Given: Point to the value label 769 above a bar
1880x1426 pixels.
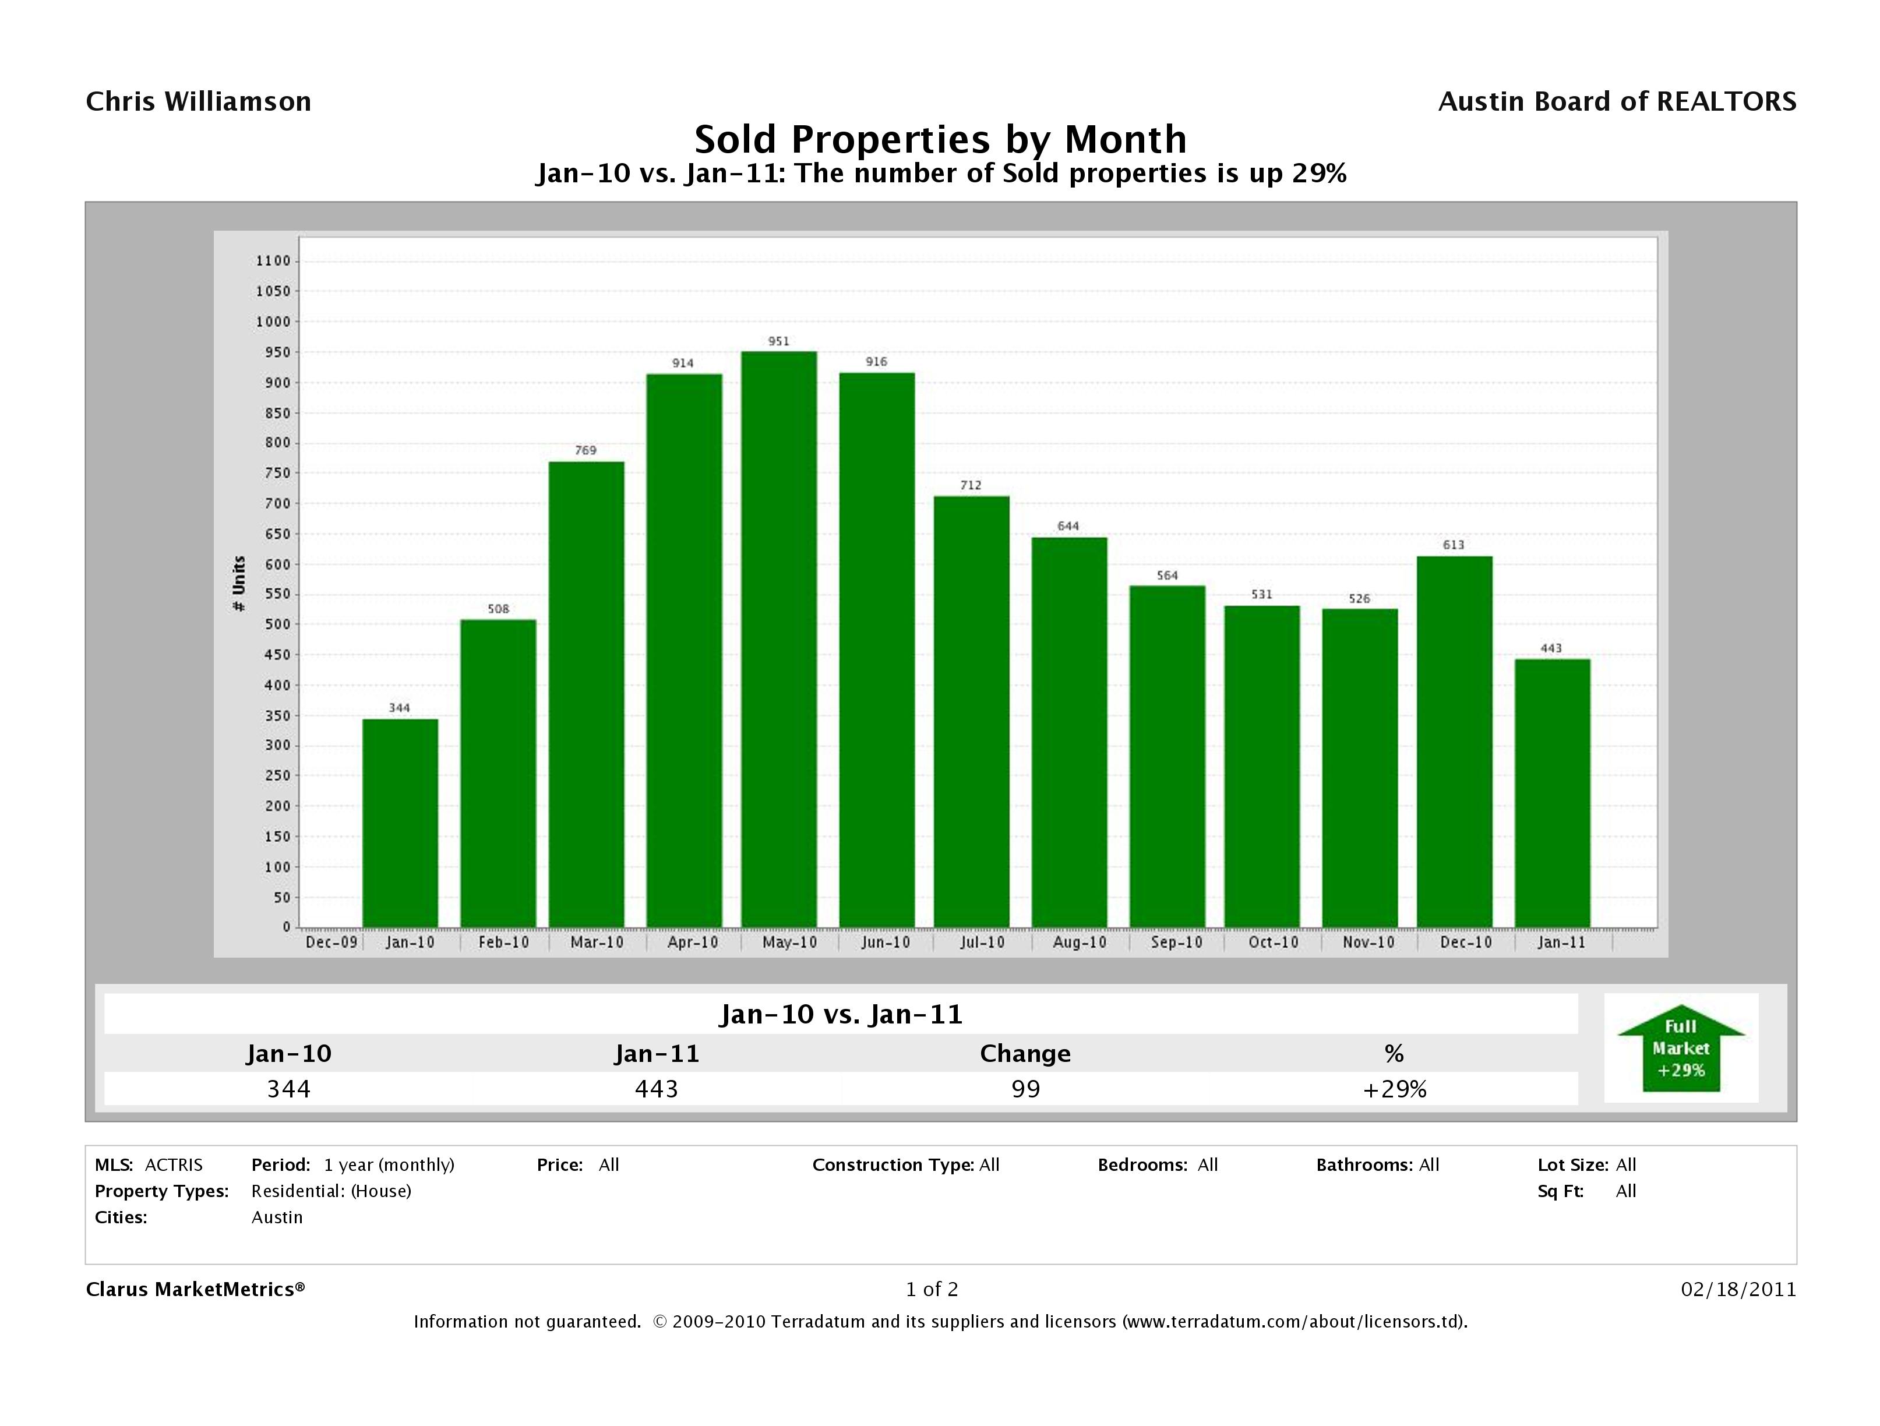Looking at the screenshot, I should [x=585, y=450].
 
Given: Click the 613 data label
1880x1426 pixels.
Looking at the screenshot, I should [x=1454, y=545].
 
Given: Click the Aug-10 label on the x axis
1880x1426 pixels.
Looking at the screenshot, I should [x=1080, y=943].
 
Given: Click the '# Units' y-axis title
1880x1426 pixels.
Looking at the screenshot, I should [x=239, y=583].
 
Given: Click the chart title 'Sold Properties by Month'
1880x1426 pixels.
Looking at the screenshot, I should [x=940, y=139].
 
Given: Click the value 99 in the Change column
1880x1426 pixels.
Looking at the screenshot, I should [x=1025, y=1089].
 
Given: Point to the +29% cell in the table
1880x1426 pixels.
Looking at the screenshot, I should [x=1394, y=1089].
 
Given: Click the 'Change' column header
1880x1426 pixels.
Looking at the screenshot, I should [x=1025, y=1054].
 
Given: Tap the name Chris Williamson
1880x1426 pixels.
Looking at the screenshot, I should [x=198, y=102].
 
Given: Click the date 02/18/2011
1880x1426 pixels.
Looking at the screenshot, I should [x=1738, y=1289].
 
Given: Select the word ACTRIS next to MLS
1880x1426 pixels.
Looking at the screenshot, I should [x=174, y=1165].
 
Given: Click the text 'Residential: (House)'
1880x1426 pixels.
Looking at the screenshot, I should [x=330, y=1191].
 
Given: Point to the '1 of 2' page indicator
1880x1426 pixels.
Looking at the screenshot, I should [x=932, y=1289].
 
